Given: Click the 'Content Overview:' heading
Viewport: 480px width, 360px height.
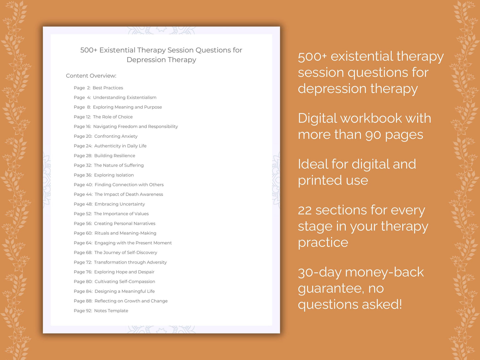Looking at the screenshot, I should pyautogui.click(x=91, y=76).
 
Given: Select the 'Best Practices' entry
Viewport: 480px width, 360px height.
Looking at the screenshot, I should pyautogui.click(x=108, y=88).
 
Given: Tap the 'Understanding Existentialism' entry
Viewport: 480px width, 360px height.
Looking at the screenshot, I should pyautogui.click(x=125, y=98).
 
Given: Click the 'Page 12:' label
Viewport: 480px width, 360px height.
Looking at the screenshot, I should pyautogui.click(x=82, y=117).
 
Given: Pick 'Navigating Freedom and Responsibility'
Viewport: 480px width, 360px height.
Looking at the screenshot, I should pyautogui.click(x=136, y=127).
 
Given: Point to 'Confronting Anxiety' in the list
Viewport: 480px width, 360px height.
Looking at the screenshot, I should pyautogui.click(x=116, y=136).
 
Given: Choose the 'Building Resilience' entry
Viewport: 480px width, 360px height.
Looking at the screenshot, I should pyautogui.click(x=115, y=156).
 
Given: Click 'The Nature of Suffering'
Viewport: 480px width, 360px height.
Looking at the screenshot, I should pyautogui.click(x=119, y=165).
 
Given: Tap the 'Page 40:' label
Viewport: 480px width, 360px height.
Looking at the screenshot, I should pyautogui.click(x=83, y=185).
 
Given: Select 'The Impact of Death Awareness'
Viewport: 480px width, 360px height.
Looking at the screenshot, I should pyautogui.click(x=129, y=194).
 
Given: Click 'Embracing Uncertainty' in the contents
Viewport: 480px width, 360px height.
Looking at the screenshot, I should pyautogui.click(x=120, y=204).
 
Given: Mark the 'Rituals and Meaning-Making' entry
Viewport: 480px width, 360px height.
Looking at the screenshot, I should pyautogui.click(x=125, y=233).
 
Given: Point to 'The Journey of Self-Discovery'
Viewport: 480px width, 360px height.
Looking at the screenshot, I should pyautogui.click(x=126, y=253).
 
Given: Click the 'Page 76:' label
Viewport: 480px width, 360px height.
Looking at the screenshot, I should pyautogui.click(x=83, y=272).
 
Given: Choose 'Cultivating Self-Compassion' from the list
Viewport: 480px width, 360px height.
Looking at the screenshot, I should pyautogui.click(x=125, y=282).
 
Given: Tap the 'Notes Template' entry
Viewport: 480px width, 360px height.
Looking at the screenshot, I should pyautogui.click(x=111, y=311).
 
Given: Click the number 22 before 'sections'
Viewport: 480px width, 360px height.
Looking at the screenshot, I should pyautogui.click(x=305, y=211).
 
